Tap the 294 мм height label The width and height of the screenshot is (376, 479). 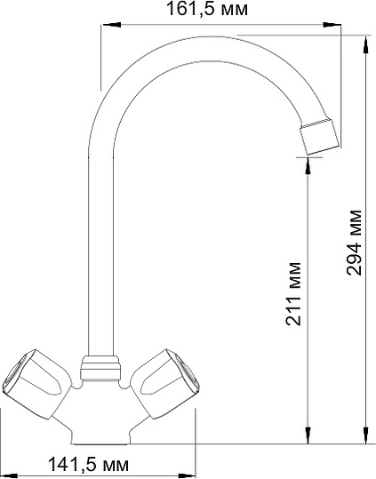pyautogui.click(x=354, y=242)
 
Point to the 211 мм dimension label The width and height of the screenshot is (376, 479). pyautogui.click(x=295, y=294)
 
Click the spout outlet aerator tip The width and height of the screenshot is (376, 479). pyautogui.click(x=319, y=135)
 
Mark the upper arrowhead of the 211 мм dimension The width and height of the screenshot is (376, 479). pyautogui.click(x=307, y=164)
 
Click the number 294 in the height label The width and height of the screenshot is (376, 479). pyautogui.click(x=354, y=258)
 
